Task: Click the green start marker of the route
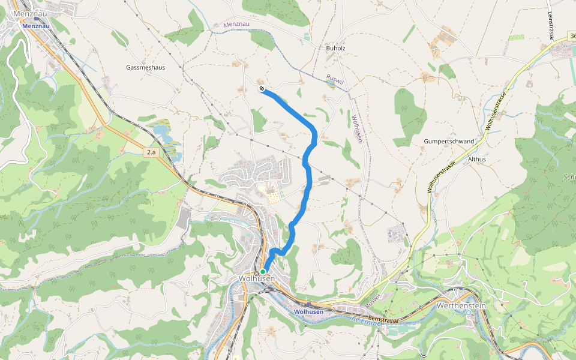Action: point(263,271)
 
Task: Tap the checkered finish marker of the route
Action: point(262,89)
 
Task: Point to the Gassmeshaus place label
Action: point(145,67)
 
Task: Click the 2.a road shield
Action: point(151,152)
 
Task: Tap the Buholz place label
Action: point(336,47)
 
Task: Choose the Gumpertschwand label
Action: point(449,141)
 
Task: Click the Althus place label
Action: point(476,159)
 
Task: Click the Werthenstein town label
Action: point(461,305)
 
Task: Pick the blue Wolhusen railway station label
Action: point(309,311)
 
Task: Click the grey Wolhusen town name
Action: point(256,278)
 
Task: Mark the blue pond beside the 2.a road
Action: point(160,130)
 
